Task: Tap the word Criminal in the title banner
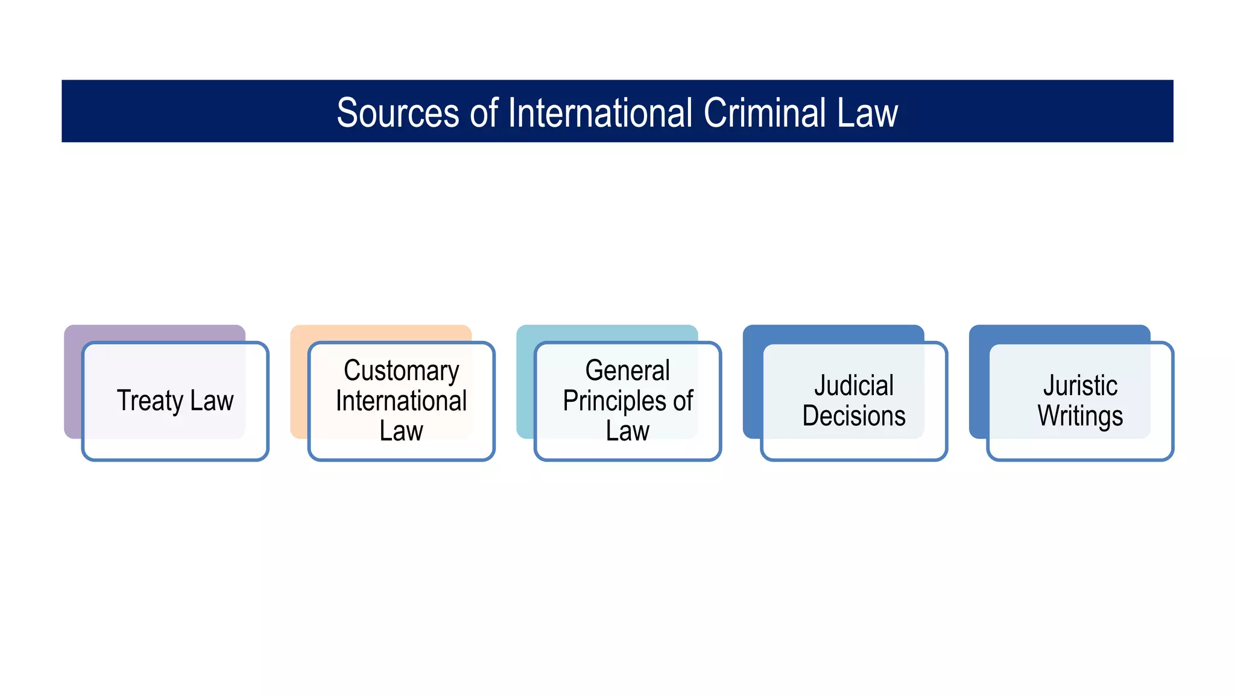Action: pos(764,113)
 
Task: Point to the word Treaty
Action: pos(150,401)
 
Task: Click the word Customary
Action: pos(401,370)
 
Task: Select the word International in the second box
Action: pos(401,401)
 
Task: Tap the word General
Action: pos(627,370)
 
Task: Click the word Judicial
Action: pos(854,386)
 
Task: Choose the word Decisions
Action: pos(854,416)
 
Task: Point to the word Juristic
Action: pos(1080,386)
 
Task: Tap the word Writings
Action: pos(1080,416)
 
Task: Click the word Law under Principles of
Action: pos(627,431)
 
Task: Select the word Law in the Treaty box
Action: pos(212,401)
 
